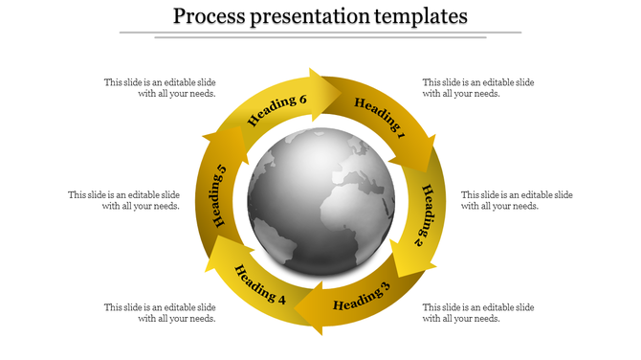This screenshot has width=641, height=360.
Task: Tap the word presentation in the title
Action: pyautogui.click(x=316, y=16)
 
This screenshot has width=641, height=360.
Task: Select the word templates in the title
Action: pyautogui.click(x=422, y=16)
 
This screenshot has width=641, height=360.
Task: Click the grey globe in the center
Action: pyautogui.click(x=320, y=197)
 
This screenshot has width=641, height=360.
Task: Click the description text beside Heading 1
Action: pyautogui.click(x=478, y=88)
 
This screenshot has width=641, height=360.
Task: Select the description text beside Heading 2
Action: pyautogui.click(x=517, y=200)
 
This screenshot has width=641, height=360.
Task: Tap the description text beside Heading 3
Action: pyautogui.click(x=478, y=313)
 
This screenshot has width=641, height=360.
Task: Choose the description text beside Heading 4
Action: pyautogui.click(x=160, y=313)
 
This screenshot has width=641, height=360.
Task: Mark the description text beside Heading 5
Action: pyautogui.click(x=123, y=200)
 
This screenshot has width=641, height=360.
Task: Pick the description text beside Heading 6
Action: pyautogui.click(x=160, y=88)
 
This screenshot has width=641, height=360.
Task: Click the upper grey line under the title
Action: pyautogui.click(x=320, y=33)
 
